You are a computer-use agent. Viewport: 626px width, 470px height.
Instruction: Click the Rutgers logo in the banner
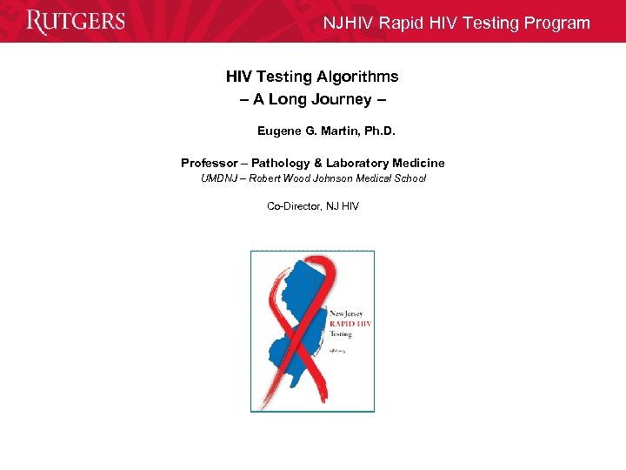coord(76,22)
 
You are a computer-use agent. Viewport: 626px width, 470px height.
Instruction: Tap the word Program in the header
coord(559,23)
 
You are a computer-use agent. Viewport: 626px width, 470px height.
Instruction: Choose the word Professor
coord(209,163)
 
